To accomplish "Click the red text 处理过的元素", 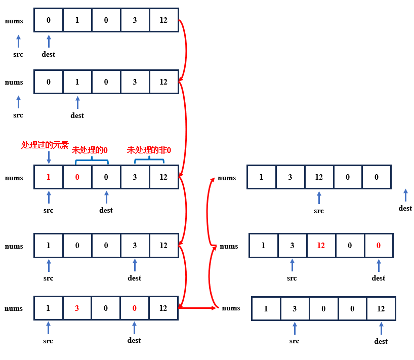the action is (x=45, y=145).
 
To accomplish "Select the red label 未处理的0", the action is (x=90, y=150).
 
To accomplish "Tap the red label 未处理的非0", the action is (x=149, y=150).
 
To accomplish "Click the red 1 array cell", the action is (x=49, y=178).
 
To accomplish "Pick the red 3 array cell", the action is (x=77, y=308).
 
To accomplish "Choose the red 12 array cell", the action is (x=321, y=246).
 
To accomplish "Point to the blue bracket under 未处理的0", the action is (x=92, y=162).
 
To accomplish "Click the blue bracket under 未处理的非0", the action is (x=149, y=162).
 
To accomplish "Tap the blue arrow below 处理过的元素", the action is (x=49, y=157).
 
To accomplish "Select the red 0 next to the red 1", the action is (x=77, y=178).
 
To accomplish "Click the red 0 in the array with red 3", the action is (x=135, y=308).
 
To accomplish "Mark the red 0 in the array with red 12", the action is (x=379, y=246).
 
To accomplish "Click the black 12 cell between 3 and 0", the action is (x=319, y=177).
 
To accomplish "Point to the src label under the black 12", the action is (x=319, y=211).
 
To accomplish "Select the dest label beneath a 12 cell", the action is (x=381, y=341).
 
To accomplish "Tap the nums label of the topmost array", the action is (x=14, y=21).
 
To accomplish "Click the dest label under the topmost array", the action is (x=49, y=54).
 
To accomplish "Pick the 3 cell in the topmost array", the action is (x=135, y=20).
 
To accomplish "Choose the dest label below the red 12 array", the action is (x=379, y=278).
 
